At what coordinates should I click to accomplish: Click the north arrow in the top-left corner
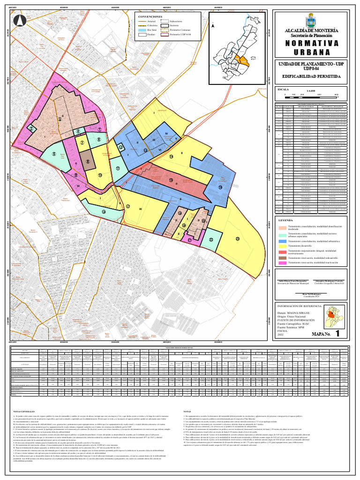(x=20, y=21)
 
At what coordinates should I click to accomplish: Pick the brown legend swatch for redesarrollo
(x=283, y=257)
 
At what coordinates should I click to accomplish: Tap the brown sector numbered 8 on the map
(x=88, y=160)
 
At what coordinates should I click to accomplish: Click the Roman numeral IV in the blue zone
(x=166, y=134)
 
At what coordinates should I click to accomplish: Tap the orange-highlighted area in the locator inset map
(x=243, y=60)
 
